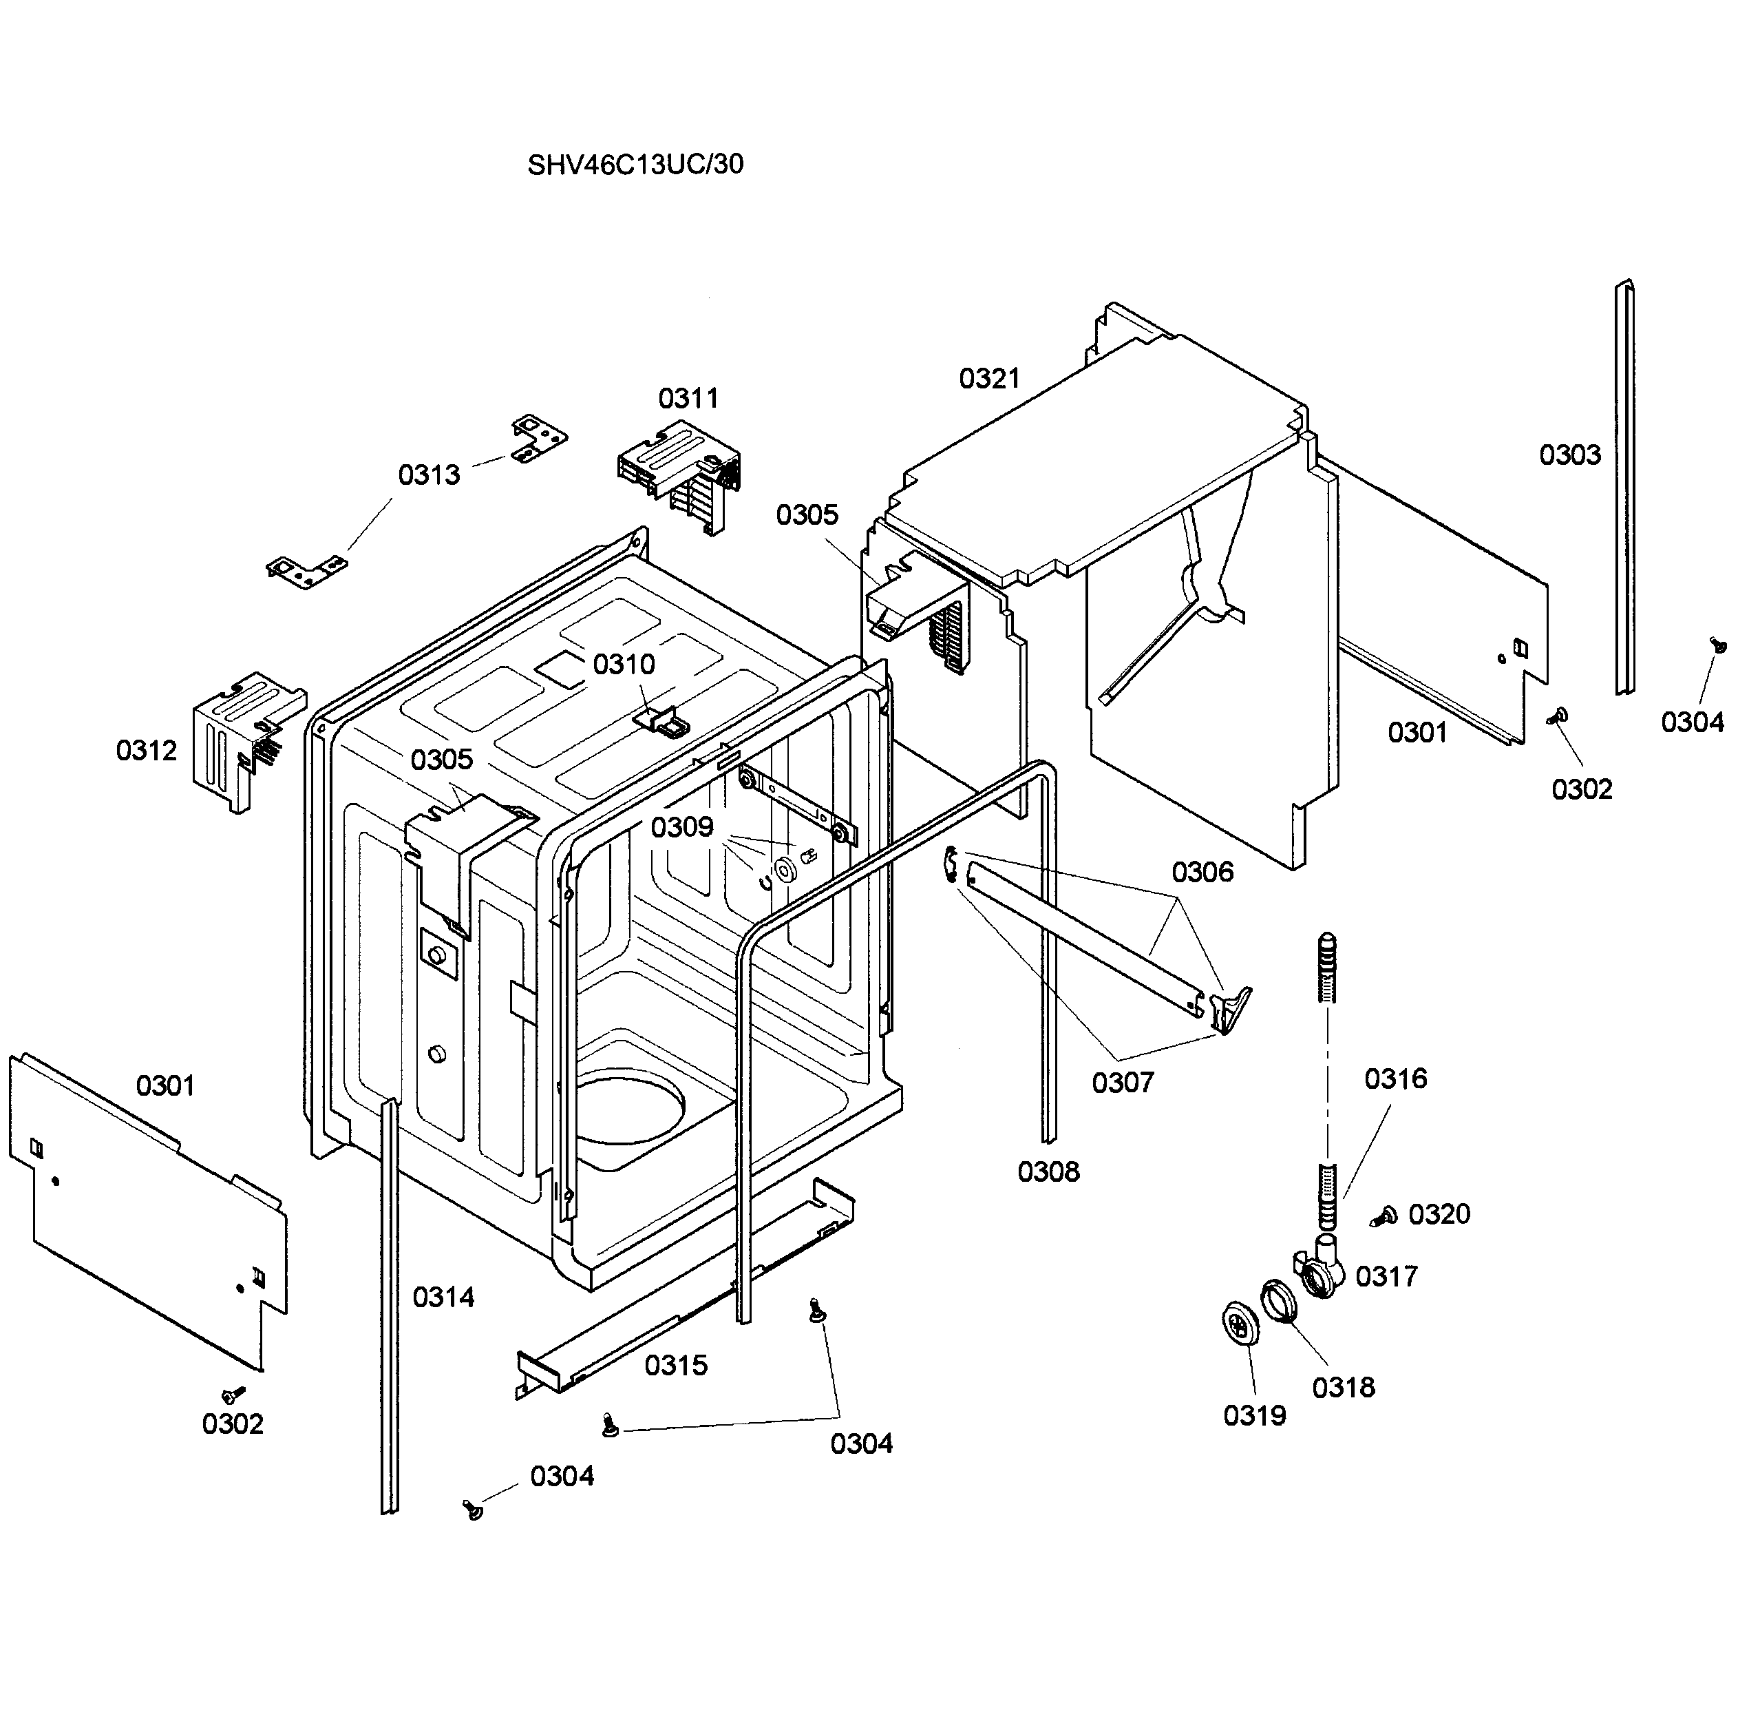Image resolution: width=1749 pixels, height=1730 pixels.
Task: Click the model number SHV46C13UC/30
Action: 635,164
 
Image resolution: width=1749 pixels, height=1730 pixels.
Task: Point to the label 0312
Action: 146,750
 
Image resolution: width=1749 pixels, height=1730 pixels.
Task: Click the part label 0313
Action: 428,475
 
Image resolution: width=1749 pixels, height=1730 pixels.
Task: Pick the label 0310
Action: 623,664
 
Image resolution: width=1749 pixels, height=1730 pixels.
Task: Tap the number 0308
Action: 1048,1171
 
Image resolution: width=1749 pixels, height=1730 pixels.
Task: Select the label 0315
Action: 675,1365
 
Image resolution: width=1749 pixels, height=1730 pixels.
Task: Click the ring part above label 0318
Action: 1279,1302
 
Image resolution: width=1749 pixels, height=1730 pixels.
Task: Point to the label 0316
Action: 1395,1078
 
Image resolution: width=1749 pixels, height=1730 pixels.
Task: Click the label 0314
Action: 443,1297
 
